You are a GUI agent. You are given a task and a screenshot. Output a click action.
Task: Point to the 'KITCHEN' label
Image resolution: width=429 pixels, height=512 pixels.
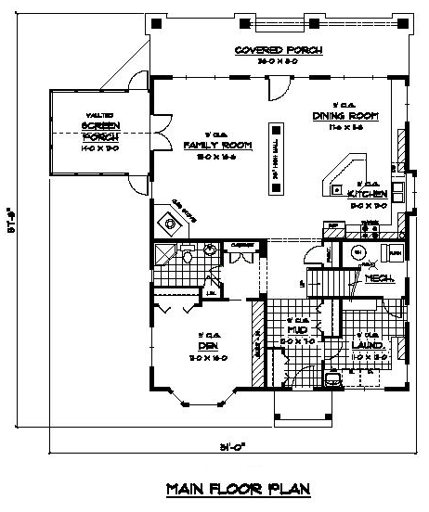pyautogui.click(x=367, y=196)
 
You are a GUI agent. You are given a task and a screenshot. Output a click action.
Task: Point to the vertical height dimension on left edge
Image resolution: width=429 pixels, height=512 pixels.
pyautogui.click(x=11, y=224)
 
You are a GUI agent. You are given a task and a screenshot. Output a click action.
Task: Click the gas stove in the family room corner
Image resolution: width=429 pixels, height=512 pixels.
pyautogui.click(x=169, y=221)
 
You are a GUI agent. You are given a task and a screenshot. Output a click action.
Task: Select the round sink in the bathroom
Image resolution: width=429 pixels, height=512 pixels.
pyautogui.click(x=212, y=250)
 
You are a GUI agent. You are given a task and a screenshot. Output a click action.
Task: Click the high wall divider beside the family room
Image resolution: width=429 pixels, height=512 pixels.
pyautogui.click(x=276, y=159)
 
